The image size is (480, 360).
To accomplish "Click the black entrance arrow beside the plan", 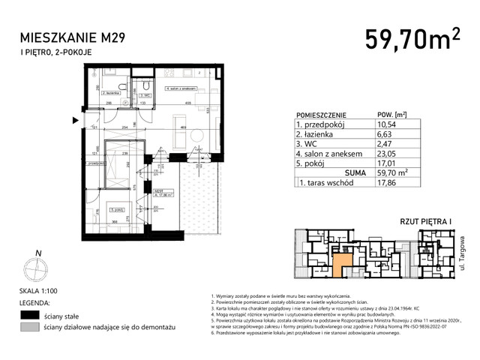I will [74, 119].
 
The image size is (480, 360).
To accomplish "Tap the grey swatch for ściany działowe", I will [30, 328].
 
